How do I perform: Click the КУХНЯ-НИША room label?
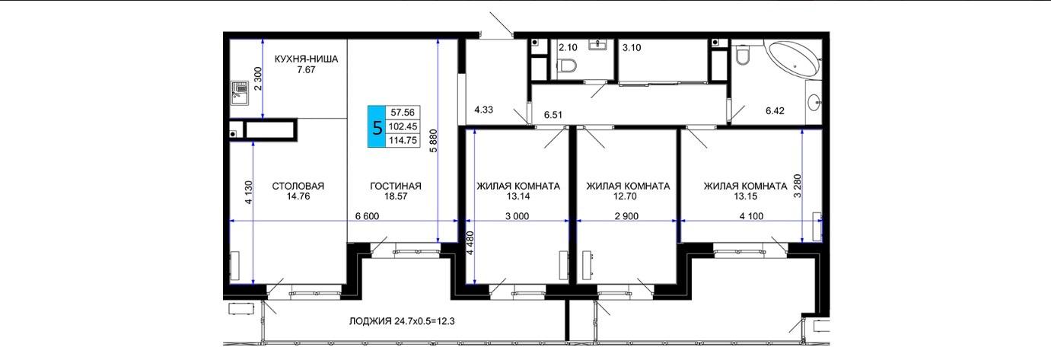[x=306, y=59]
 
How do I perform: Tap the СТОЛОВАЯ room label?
[x=298, y=186]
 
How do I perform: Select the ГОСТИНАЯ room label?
[x=396, y=186]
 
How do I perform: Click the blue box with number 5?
[x=377, y=127]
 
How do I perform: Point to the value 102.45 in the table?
[x=403, y=126]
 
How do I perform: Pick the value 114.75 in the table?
[x=403, y=140]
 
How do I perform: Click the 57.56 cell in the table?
[x=403, y=112]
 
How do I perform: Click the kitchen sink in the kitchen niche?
[x=240, y=93]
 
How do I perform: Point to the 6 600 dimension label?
[x=367, y=216]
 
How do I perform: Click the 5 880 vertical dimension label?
[x=434, y=141]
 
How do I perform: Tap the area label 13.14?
[x=518, y=196]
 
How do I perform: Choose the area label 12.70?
[x=625, y=196]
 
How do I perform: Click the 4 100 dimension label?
[x=751, y=216]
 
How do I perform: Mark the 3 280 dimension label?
[x=797, y=186]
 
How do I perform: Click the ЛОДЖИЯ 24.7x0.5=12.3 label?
[x=402, y=321]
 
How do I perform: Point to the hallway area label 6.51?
[x=553, y=114]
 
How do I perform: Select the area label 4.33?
[x=483, y=110]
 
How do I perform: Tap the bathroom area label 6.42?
[x=775, y=111]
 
